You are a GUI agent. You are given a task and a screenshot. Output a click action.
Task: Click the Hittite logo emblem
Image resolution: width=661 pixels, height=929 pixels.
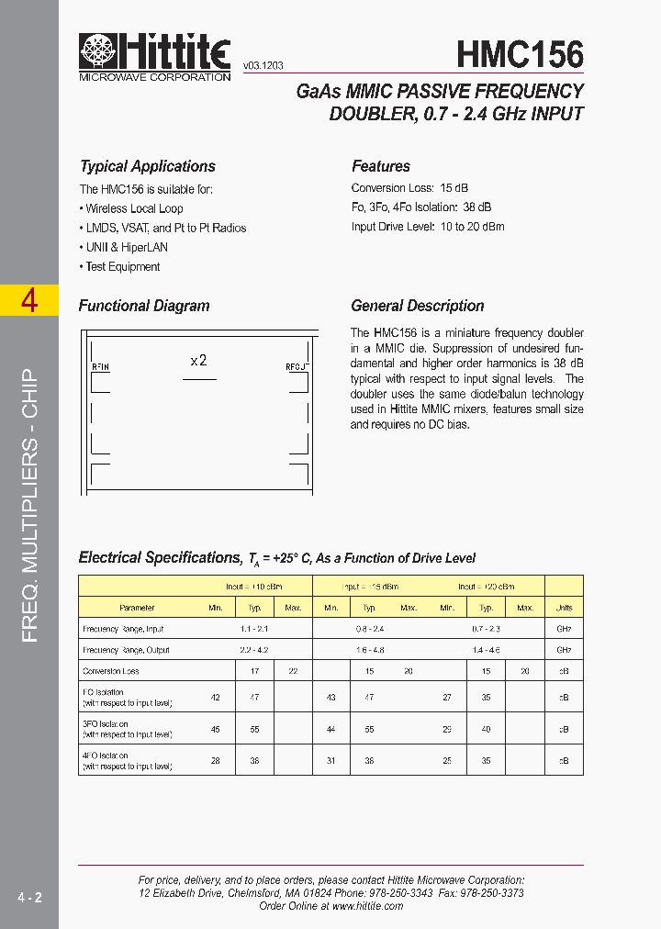[x=98, y=51]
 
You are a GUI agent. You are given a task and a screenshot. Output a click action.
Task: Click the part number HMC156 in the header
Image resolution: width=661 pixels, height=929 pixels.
[x=520, y=54]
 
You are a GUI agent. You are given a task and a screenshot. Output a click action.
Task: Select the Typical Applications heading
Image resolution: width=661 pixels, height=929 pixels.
[x=147, y=166]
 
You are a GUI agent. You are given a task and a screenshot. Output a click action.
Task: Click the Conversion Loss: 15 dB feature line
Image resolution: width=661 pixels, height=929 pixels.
[x=409, y=188]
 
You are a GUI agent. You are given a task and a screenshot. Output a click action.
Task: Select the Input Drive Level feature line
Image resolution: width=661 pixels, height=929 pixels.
[x=428, y=226]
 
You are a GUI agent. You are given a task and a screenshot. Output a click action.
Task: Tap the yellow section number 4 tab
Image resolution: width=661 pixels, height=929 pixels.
[x=29, y=300]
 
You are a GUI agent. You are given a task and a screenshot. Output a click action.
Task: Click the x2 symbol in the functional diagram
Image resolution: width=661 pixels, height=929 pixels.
[x=198, y=361]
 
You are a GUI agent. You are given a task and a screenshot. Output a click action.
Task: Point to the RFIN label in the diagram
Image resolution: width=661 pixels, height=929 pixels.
[x=100, y=367]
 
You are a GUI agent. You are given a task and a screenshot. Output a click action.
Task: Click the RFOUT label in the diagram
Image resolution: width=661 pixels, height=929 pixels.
[x=297, y=367]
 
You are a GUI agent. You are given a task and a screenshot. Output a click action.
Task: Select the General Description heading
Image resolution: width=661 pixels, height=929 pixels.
[x=417, y=306]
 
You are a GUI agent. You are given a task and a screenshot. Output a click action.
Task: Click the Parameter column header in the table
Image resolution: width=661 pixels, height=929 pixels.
[x=137, y=608]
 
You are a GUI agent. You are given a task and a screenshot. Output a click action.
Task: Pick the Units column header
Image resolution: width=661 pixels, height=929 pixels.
[x=564, y=608]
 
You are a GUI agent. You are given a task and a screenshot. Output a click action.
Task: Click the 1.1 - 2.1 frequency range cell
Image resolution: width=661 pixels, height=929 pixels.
[x=254, y=629]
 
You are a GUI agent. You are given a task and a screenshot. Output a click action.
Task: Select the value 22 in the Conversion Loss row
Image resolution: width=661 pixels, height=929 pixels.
[x=293, y=671]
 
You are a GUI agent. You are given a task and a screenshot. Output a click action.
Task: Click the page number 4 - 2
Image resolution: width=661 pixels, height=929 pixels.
[x=28, y=896]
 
